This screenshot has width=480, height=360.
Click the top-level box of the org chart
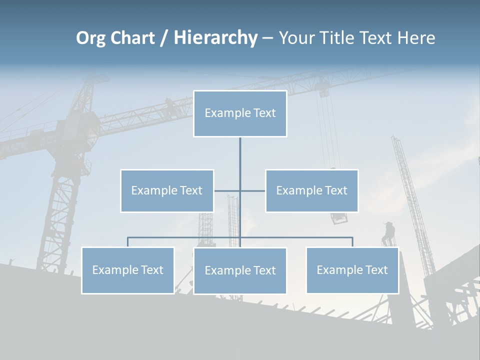(x=240, y=113)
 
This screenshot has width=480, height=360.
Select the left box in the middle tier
(x=167, y=190)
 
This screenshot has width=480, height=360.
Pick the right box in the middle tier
(x=312, y=190)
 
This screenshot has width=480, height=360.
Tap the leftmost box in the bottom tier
(x=128, y=270)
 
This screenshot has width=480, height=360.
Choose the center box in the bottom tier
(x=240, y=270)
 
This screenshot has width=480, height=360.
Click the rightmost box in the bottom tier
(x=352, y=270)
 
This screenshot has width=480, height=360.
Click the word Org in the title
(x=90, y=38)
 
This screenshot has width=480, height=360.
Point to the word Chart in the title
(x=131, y=38)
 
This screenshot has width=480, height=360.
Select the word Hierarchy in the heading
(x=215, y=38)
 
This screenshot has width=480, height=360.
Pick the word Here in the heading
(x=416, y=38)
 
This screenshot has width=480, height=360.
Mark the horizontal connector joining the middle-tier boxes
(x=252, y=190)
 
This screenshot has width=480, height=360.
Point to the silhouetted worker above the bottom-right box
(x=388, y=233)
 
